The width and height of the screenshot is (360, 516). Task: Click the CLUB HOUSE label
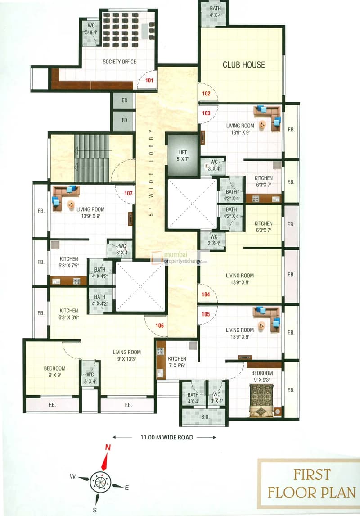tap(243, 65)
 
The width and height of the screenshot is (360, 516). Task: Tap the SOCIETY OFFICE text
tap(119, 62)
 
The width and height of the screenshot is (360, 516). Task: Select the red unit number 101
tap(149, 80)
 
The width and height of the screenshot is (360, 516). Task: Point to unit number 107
tap(128, 193)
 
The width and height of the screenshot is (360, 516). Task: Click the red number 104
tap(206, 294)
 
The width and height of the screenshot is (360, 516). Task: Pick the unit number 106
tap(159, 326)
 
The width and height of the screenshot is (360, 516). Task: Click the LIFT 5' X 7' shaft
tap(182, 155)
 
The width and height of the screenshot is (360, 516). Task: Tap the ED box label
tap(124, 100)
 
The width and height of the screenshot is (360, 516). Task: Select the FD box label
tap(124, 120)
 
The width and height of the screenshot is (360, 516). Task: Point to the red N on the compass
tap(108, 448)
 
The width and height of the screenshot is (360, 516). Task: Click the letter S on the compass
tap(94, 510)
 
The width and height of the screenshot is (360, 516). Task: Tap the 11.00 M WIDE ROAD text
tap(166, 437)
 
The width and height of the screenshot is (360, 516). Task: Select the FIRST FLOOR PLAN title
tap(311, 484)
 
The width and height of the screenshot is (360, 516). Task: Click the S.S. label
tap(205, 416)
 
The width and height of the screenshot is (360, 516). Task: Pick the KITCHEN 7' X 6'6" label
tap(177, 362)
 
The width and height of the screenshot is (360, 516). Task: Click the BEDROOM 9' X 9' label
tap(54, 371)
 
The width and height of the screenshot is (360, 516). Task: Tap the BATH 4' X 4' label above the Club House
tap(216, 12)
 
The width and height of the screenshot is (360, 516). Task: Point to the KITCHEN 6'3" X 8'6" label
tap(69, 314)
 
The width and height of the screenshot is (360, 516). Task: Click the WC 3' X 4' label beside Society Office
tap(91, 29)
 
